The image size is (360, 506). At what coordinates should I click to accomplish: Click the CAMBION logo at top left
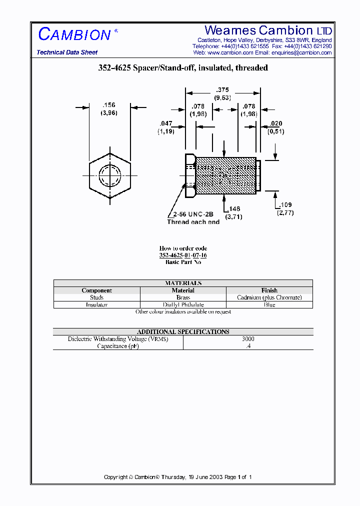[75, 34]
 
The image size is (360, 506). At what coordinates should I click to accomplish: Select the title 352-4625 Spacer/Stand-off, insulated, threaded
[183, 68]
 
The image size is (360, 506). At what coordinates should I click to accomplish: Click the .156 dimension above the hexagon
[108, 105]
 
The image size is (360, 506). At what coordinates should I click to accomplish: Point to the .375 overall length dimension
[222, 90]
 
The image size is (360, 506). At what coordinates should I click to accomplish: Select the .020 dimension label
[275, 123]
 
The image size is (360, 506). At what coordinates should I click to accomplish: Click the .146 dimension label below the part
[234, 208]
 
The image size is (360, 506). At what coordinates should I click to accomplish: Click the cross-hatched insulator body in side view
[225, 176]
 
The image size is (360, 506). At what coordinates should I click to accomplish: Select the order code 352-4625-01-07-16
[183, 255]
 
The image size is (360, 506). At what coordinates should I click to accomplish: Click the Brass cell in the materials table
[183, 297]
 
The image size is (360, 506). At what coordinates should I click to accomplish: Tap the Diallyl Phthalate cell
[183, 304]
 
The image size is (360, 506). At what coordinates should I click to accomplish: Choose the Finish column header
[269, 290]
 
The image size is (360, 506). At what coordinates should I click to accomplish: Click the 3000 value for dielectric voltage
[248, 339]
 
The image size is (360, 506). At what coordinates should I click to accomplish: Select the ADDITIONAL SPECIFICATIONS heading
[183, 331]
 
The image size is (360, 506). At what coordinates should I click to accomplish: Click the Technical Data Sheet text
[67, 52]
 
